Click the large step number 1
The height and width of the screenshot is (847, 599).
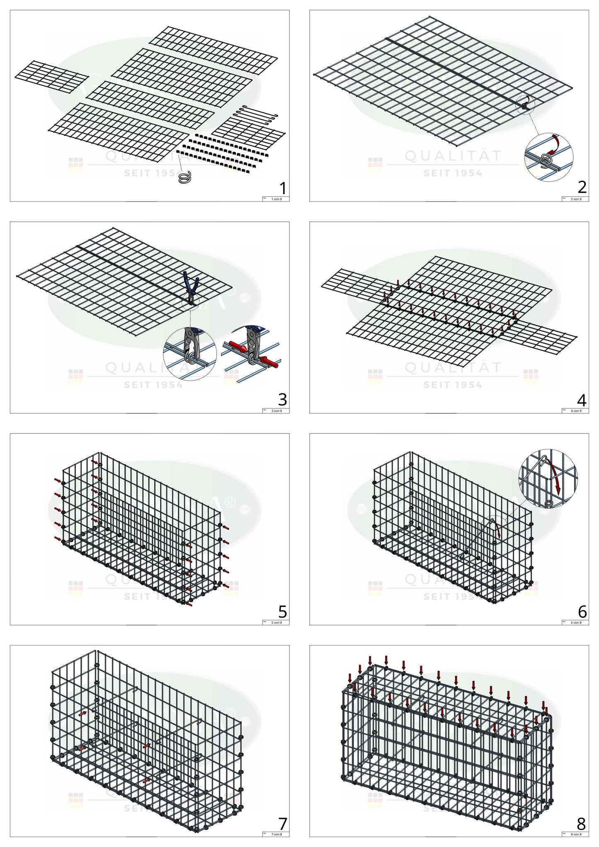click(283, 189)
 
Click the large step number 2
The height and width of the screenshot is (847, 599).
click(582, 188)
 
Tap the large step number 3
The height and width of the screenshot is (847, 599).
click(282, 400)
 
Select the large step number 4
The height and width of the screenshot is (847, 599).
click(582, 400)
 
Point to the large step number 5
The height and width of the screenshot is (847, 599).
click(283, 612)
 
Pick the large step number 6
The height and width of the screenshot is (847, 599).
click(582, 612)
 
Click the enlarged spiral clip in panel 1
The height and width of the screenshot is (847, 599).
click(184, 178)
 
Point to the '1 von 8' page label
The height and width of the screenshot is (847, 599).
click(276, 199)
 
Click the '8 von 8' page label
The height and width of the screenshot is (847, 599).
click(576, 834)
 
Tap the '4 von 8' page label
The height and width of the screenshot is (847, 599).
click(576, 411)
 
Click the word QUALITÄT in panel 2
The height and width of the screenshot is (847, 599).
click(453, 156)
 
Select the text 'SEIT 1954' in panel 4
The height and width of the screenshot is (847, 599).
click(453, 385)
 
